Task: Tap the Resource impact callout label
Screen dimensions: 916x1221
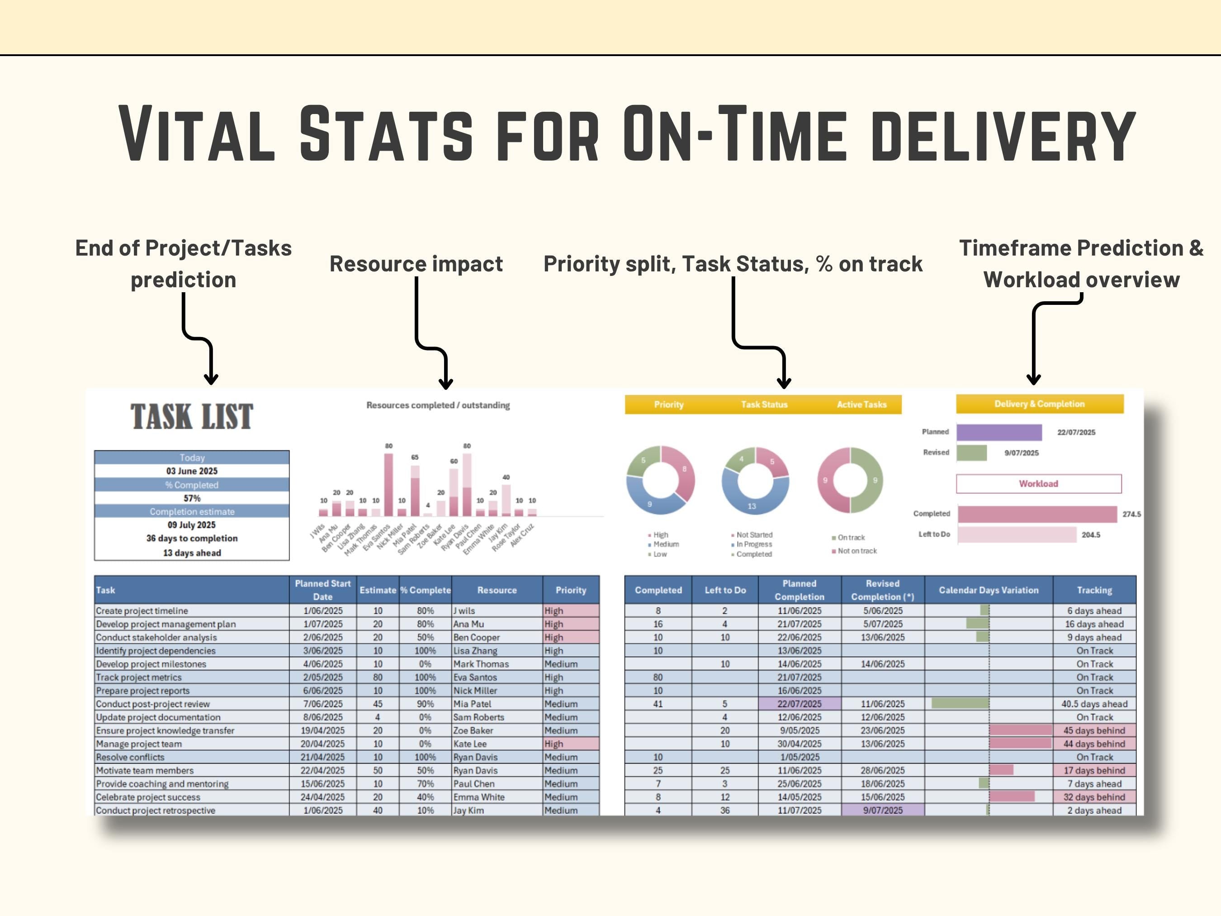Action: click(x=416, y=264)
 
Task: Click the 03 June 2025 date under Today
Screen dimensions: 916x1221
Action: click(x=192, y=471)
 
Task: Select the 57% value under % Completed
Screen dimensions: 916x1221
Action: click(x=192, y=498)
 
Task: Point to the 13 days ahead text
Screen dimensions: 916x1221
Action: click(x=192, y=553)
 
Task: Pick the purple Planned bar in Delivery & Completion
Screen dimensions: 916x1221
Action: click(x=999, y=432)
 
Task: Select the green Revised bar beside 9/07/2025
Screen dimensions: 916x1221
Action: click(x=971, y=453)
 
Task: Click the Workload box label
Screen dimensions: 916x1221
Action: click(x=1038, y=484)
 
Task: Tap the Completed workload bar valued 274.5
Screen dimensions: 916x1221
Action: click(x=1037, y=514)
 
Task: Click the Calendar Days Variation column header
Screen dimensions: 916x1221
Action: click(x=989, y=590)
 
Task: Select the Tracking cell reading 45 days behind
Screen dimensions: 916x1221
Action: click(x=1094, y=731)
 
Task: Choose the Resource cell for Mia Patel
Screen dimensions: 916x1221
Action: click(x=473, y=704)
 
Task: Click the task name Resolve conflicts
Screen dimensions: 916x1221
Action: click(x=130, y=757)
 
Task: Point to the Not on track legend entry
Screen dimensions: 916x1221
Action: click(x=857, y=551)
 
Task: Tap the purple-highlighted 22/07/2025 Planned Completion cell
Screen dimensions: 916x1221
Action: click(x=799, y=704)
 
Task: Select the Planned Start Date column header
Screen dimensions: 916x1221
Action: click(x=323, y=590)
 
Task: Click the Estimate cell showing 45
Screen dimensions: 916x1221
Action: click(x=378, y=704)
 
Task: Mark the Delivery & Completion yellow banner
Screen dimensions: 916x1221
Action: click(x=1039, y=404)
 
